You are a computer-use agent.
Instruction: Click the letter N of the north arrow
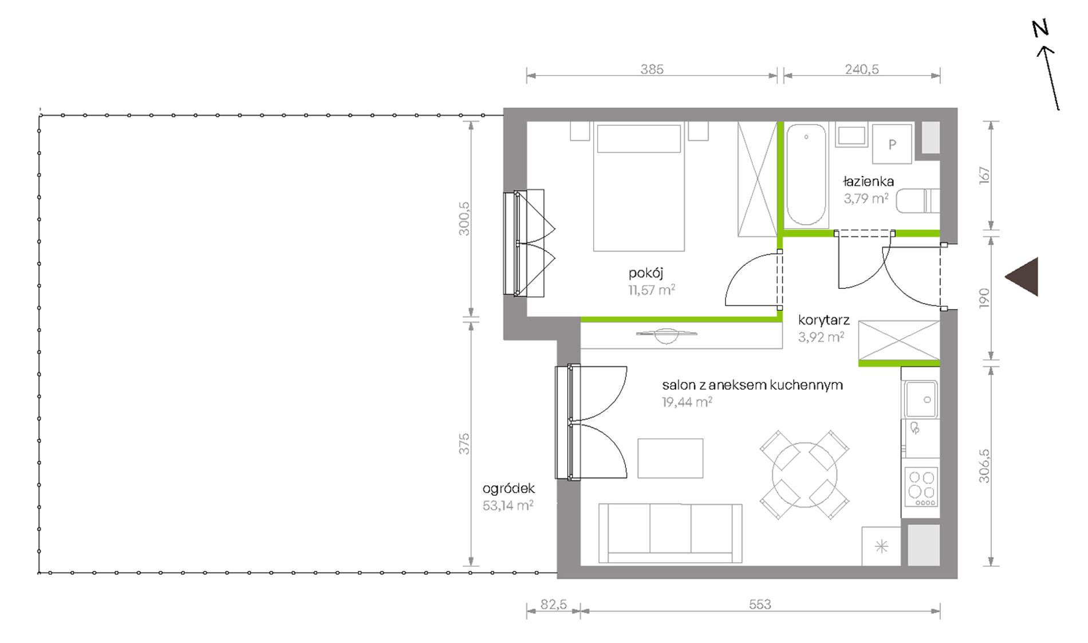(1040, 29)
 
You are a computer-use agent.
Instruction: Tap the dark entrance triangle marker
(1022, 277)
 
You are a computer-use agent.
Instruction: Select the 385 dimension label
(652, 69)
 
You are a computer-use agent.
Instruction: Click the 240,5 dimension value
(862, 69)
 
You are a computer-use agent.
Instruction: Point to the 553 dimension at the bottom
(760, 604)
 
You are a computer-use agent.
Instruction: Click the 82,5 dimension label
(554, 604)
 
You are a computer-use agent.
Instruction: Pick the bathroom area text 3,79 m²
(866, 198)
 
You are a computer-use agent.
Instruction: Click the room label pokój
(645, 273)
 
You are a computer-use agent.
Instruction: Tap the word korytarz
(824, 320)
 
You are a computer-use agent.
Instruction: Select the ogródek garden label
(508, 489)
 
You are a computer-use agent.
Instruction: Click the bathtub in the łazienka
(806, 175)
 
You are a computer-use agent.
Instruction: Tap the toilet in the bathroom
(918, 201)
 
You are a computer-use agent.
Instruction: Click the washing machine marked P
(892, 144)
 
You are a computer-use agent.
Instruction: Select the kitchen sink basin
(921, 399)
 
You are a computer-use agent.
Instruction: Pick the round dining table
(805, 475)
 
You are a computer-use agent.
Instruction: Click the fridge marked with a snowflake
(881, 546)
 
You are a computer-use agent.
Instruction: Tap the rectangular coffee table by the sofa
(670, 458)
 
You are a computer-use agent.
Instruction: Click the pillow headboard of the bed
(639, 138)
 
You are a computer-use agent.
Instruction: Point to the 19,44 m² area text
(687, 402)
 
